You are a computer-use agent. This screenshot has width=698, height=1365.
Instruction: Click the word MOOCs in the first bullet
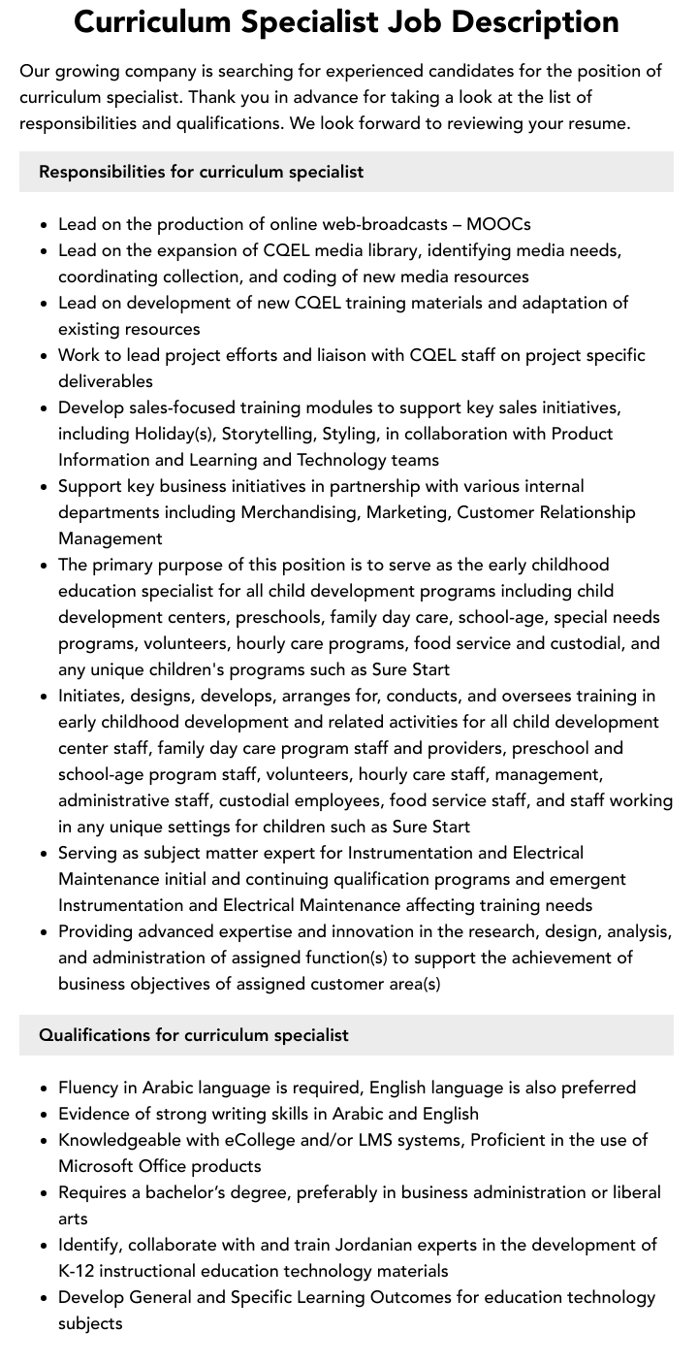[498, 224]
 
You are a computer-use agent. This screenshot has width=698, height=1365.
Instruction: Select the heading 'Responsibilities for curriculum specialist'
[201, 172]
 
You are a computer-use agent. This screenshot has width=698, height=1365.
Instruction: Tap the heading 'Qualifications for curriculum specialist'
[193, 1035]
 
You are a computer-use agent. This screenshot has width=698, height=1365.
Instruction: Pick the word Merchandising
[299, 512]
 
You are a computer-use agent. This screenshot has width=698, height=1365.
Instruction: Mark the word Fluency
[90, 1088]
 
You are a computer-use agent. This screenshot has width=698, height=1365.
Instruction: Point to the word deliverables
[106, 381]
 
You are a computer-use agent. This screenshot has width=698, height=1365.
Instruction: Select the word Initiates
[92, 696]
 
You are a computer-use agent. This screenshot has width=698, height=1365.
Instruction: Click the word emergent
[589, 879]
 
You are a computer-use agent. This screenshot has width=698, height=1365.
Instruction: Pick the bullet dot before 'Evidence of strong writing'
[45, 1115]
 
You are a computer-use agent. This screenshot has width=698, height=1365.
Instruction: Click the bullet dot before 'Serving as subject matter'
[45, 854]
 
